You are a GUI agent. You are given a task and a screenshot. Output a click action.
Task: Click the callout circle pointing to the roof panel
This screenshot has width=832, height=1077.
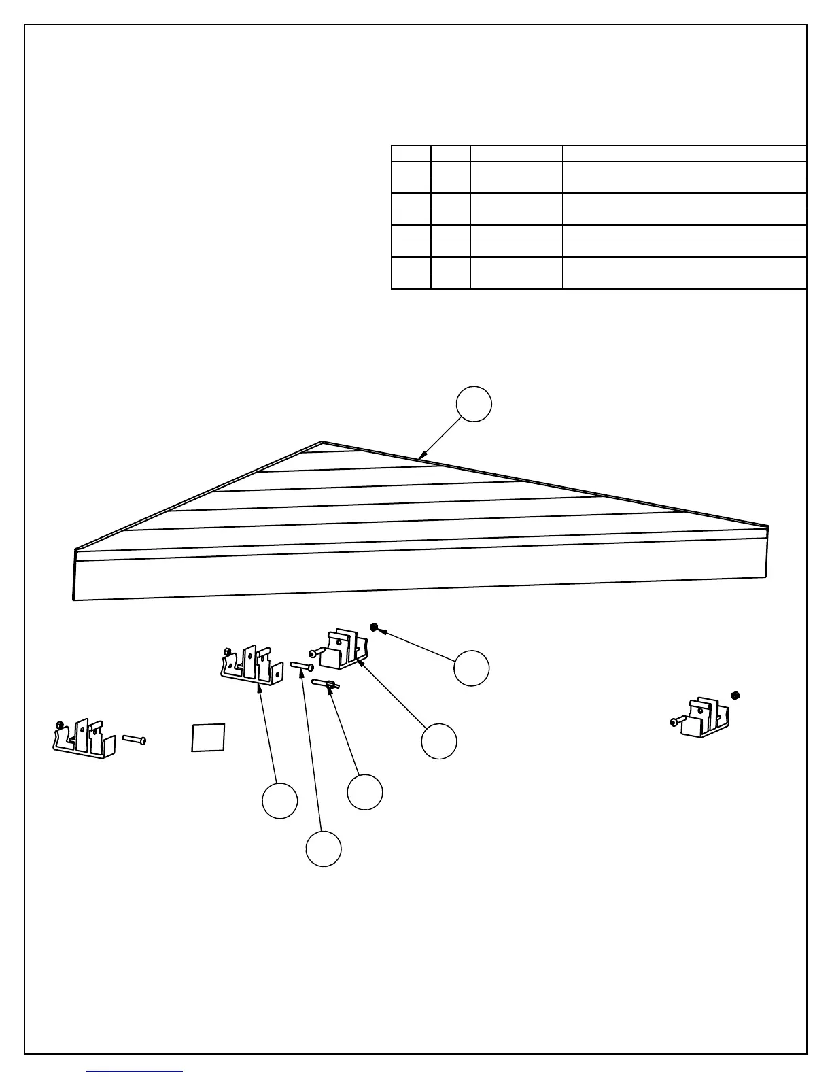(474, 404)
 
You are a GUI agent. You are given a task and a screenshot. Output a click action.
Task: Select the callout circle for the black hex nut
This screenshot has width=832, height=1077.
(472, 668)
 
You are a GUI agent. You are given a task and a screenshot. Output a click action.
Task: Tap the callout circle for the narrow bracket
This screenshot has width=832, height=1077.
(439, 741)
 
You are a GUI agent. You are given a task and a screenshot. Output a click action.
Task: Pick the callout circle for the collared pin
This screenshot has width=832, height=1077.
(365, 792)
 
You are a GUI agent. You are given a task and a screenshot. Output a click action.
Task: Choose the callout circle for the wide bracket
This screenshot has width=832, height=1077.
(280, 800)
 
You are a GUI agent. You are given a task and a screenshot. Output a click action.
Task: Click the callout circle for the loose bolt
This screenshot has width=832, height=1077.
(324, 849)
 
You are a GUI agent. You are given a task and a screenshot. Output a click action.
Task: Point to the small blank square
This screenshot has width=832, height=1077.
(208, 737)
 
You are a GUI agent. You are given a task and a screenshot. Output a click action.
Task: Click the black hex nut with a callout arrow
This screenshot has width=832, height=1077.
(374, 626)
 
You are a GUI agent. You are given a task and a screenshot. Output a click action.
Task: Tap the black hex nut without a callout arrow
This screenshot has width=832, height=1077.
(735, 695)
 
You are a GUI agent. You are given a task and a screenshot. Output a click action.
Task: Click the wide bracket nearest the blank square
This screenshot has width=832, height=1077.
(84, 738)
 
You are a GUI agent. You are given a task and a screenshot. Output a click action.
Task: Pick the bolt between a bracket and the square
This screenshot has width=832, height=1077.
(134, 740)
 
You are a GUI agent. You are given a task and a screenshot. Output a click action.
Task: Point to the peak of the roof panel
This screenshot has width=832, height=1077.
(322, 443)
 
